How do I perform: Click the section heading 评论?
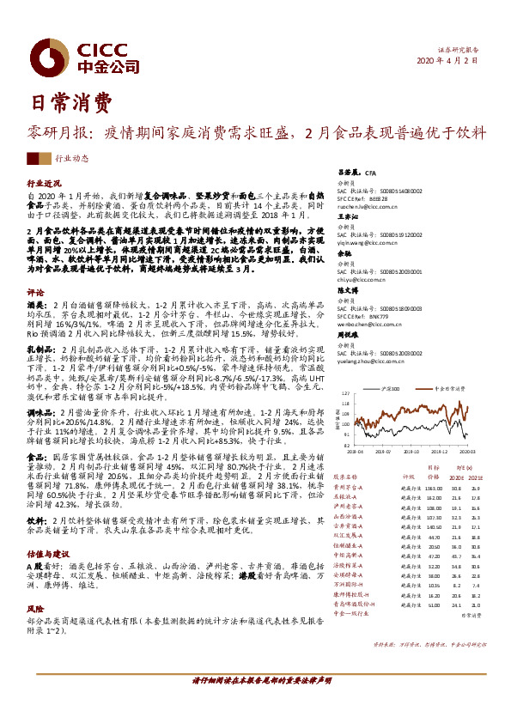tap(35, 293)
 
